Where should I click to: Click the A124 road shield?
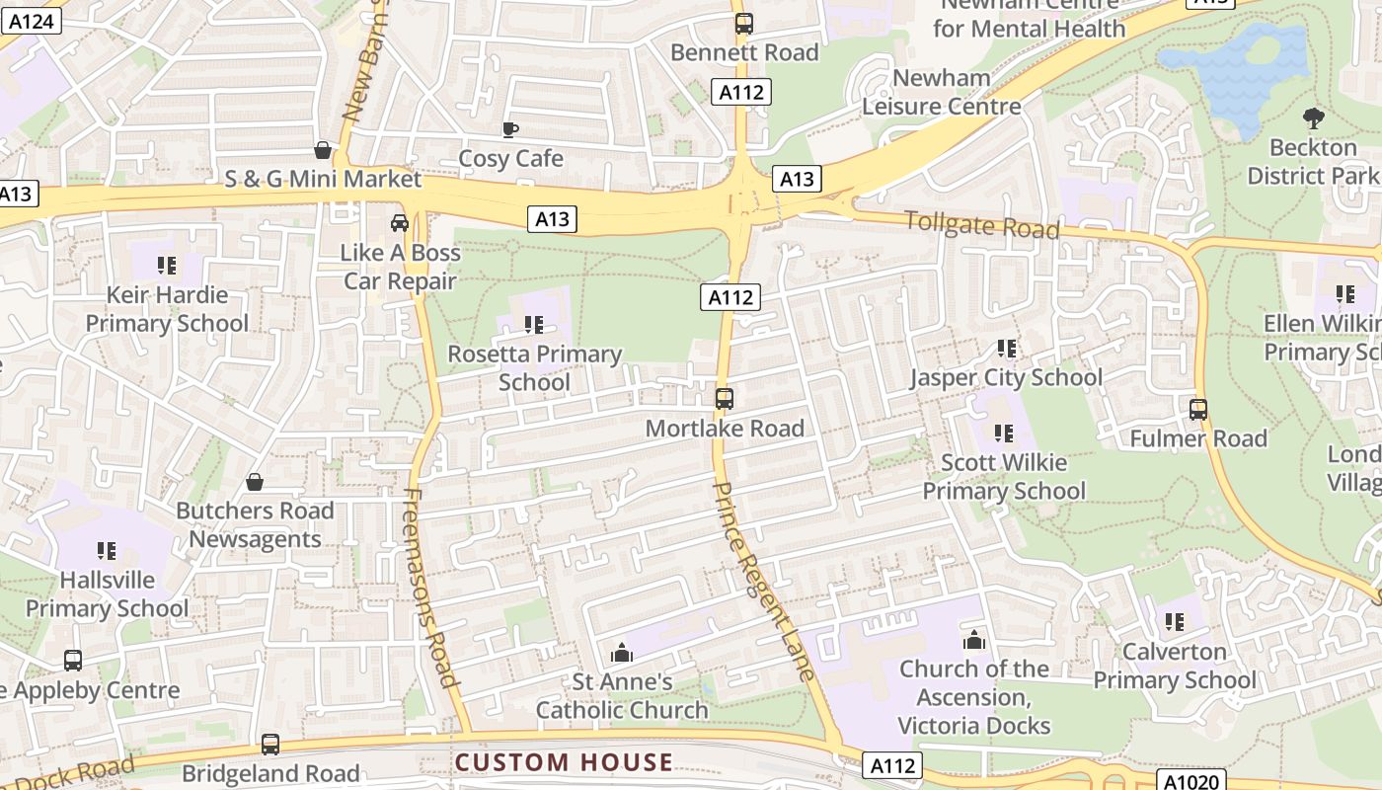tap(31, 20)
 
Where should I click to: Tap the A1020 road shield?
tap(1190, 779)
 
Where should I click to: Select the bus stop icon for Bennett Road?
tap(744, 23)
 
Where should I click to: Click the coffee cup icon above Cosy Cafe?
tap(510, 129)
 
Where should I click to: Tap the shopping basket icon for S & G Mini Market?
tap(322, 150)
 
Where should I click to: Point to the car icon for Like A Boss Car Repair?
tap(399, 223)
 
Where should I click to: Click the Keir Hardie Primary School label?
tap(167, 309)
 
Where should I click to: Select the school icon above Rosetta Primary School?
tap(534, 324)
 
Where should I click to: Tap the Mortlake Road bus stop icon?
tap(725, 399)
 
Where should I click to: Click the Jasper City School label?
tap(1006, 377)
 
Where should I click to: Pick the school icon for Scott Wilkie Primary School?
tap(1004, 433)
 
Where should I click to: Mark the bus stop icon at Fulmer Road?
tap(1198, 409)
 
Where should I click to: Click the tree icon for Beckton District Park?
tap(1313, 118)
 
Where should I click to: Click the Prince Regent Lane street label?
tap(763, 581)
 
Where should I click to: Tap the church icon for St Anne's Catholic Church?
tap(622, 653)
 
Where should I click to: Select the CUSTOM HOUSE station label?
tap(564, 762)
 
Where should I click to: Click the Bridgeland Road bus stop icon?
tap(270, 744)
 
